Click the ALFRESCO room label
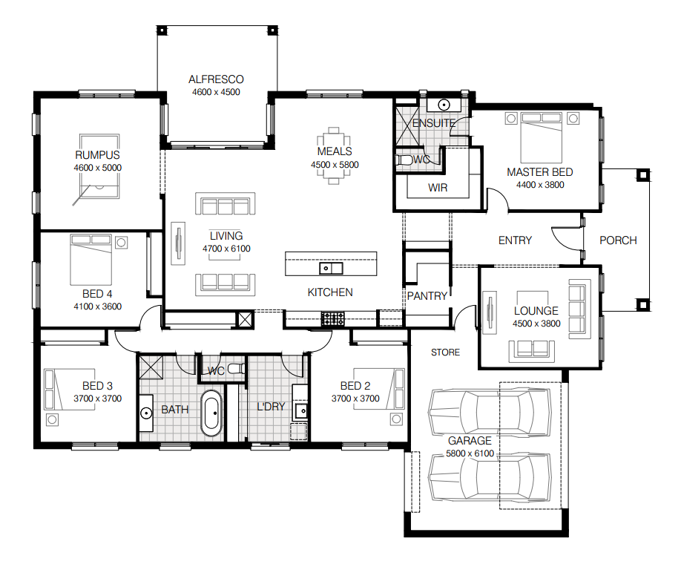216,79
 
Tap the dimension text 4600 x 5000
98,168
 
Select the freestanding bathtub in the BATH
211,413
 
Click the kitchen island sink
331,268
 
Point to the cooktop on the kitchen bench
332,319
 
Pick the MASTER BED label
540,172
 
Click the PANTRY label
427,296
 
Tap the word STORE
445,353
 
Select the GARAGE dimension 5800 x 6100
470,453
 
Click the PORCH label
618,240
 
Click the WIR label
438,188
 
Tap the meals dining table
334,156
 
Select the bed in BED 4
91,260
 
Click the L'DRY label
271,407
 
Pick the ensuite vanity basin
444,105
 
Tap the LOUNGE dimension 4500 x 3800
536,324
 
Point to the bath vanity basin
146,413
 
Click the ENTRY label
515,240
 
